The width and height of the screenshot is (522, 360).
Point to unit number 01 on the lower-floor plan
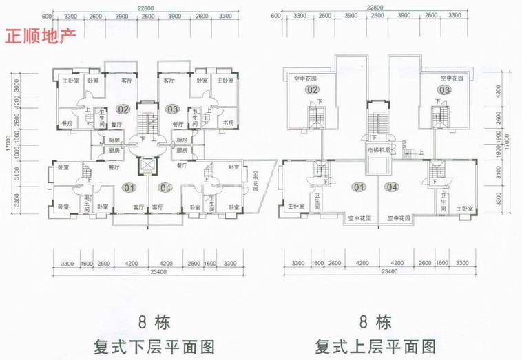click(129, 187)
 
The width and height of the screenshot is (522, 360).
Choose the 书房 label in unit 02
click(67, 123)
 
